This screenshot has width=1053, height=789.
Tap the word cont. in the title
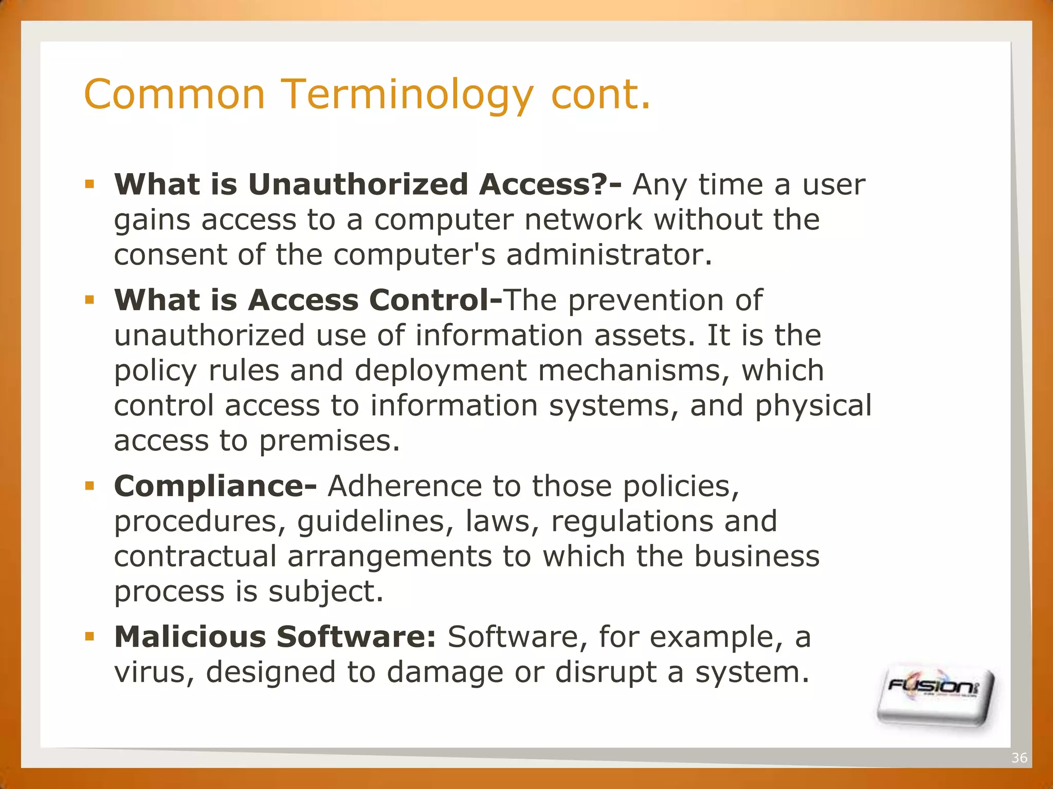(601, 95)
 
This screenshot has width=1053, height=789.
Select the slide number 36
(1019, 758)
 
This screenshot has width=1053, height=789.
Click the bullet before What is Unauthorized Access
(90, 184)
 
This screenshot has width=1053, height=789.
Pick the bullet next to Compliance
(90, 485)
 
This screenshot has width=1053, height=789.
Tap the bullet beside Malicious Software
(90, 636)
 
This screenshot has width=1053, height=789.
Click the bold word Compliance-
(215, 486)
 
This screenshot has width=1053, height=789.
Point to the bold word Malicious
(190, 637)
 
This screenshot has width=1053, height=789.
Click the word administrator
(609, 255)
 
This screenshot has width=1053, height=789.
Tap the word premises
(329, 441)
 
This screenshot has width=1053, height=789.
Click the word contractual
(195, 557)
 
